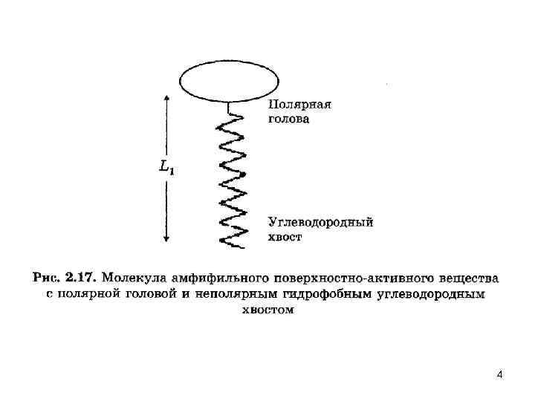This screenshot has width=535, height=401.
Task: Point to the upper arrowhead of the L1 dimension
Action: (x=166, y=97)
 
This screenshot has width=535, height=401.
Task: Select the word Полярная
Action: (x=299, y=105)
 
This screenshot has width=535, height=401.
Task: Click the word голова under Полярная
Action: (x=288, y=119)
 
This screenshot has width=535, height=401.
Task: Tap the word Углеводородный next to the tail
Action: (x=320, y=222)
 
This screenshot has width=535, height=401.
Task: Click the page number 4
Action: (x=499, y=375)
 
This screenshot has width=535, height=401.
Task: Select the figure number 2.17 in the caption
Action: (x=79, y=278)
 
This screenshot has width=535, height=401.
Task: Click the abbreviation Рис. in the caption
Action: (x=46, y=278)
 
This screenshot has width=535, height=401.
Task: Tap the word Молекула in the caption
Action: (x=130, y=278)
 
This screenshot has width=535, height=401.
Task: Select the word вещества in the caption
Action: (x=465, y=278)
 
